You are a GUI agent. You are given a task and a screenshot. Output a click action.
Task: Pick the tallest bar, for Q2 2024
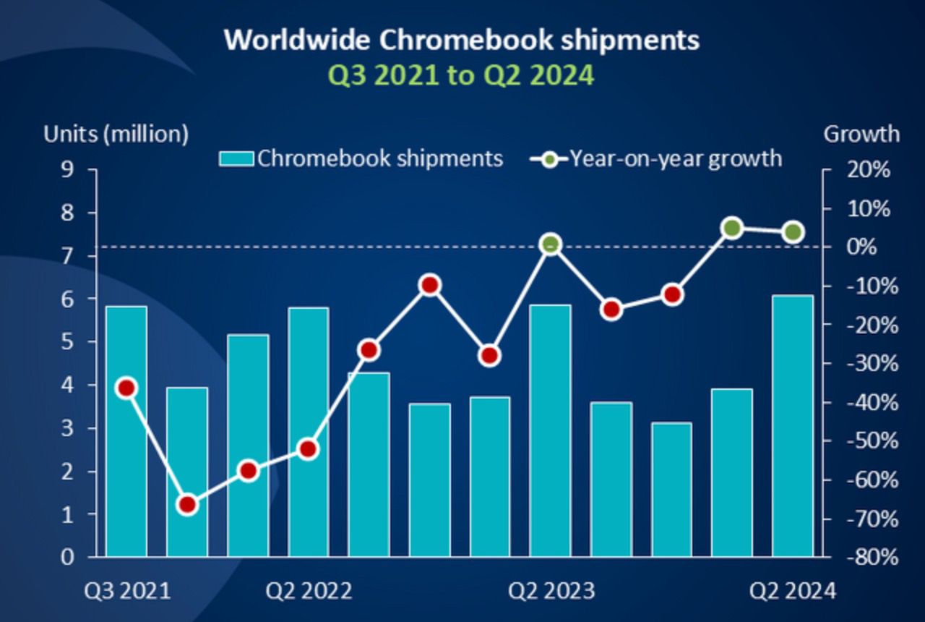pyautogui.click(x=793, y=426)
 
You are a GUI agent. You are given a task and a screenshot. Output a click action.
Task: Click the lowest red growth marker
pyautogui.click(x=187, y=504)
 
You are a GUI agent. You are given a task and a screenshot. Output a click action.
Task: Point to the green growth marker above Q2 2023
pyautogui.click(x=550, y=245)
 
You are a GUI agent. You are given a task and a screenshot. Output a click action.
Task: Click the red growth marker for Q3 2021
pyautogui.click(x=126, y=388)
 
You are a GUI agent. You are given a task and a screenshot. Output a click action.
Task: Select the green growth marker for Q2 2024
pyautogui.click(x=793, y=232)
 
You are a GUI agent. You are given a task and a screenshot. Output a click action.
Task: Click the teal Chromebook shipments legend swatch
pyautogui.click(x=236, y=158)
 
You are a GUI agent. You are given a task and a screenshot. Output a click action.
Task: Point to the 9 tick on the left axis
pyautogui.click(x=69, y=170)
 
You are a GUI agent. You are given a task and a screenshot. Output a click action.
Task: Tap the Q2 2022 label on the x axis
pyautogui.click(x=309, y=591)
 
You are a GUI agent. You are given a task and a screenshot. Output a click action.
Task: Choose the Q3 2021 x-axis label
pyautogui.click(x=127, y=591)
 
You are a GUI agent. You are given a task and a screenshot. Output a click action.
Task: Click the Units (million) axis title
pyautogui.click(x=116, y=134)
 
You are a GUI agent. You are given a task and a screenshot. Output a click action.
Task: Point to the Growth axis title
pyautogui.click(x=861, y=134)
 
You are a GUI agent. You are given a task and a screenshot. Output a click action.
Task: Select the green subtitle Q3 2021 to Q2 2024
pyautogui.click(x=462, y=74)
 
